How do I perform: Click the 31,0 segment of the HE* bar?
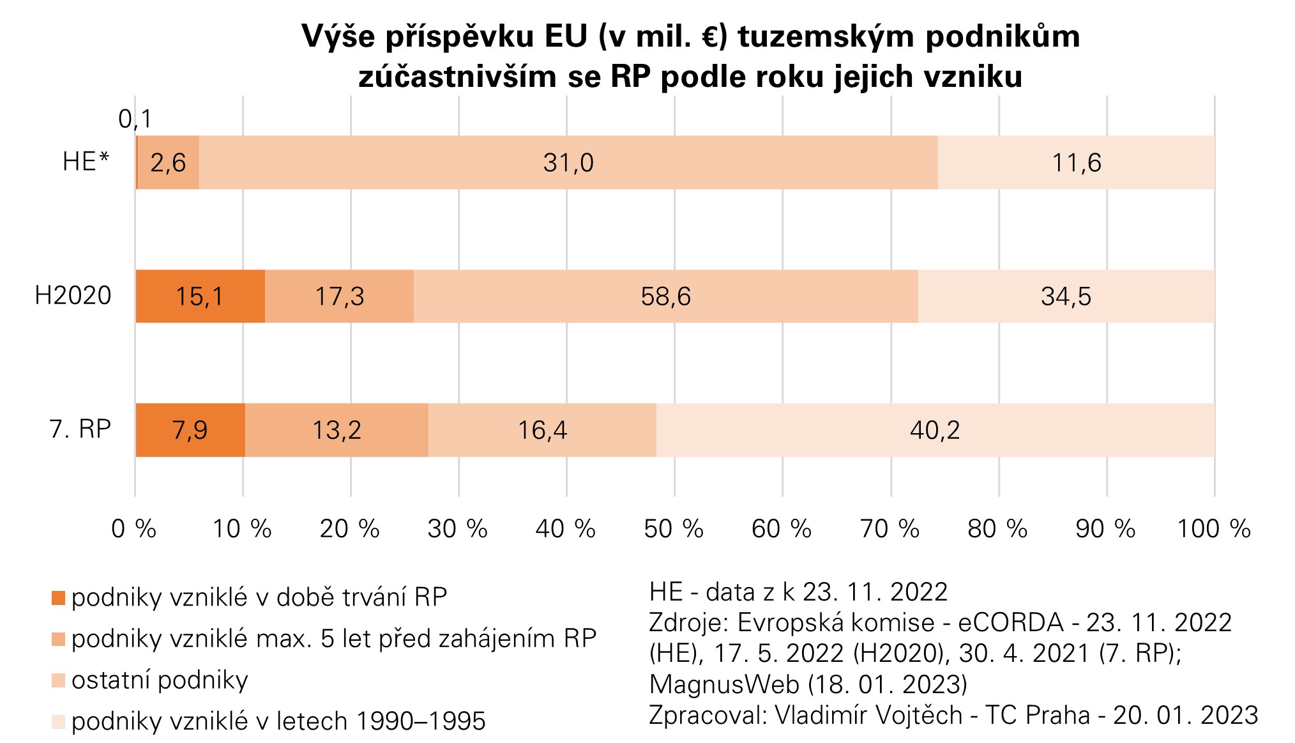(568, 162)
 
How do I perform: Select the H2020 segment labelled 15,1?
(200, 296)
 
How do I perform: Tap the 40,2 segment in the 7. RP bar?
(935, 430)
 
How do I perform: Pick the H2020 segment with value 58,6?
(665, 296)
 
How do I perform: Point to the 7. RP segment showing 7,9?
(190, 430)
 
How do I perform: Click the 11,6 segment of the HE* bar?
(1076, 162)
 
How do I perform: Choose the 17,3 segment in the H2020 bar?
(339, 296)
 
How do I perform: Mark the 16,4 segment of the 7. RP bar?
(542, 430)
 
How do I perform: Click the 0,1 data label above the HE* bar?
(135, 119)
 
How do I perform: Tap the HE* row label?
(86, 162)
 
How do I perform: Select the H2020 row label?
(73, 296)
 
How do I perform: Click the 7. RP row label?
(80, 429)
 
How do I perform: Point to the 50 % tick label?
(674, 529)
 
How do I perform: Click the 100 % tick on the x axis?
(1213, 529)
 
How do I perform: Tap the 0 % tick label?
(134, 529)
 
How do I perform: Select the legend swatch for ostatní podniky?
(58, 681)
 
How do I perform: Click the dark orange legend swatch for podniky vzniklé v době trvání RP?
(58, 598)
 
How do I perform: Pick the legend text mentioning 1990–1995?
(278, 721)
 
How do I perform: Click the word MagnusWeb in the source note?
(724, 684)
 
